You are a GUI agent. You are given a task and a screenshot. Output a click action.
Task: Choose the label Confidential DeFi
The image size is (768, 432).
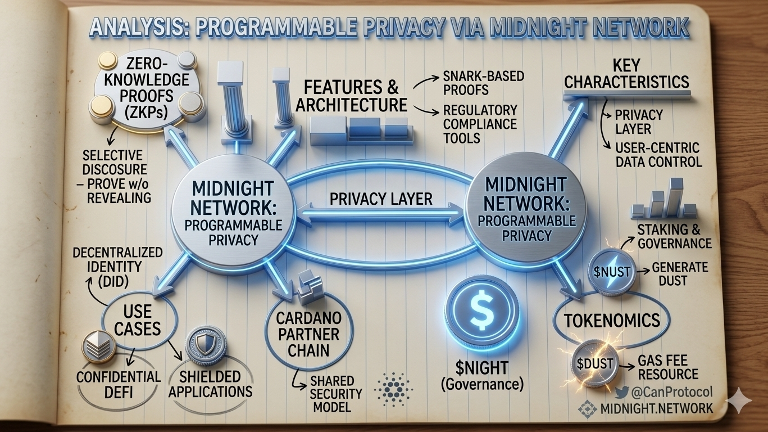[119, 384]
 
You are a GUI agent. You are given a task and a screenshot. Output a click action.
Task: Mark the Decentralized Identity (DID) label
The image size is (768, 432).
[117, 264]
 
